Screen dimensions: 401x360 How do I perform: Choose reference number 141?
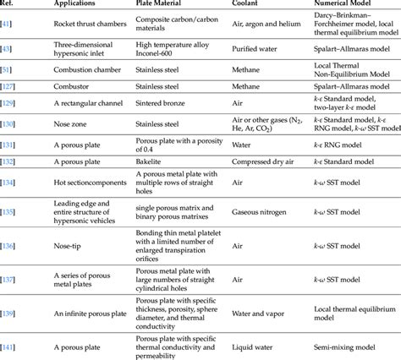pyautogui.click(x=9, y=345)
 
